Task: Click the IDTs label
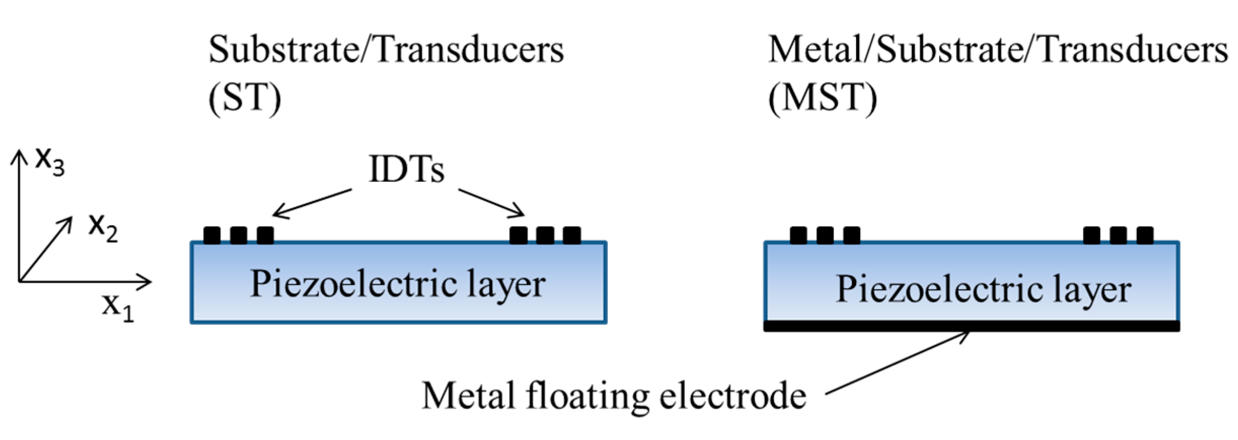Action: (x=407, y=169)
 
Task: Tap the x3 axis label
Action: (x=50, y=162)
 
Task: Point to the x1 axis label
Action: (x=118, y=307)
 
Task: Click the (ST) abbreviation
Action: (x=245, y=97)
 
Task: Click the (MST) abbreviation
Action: (x=822, y=97)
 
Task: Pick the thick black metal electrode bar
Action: (x=972, y=326)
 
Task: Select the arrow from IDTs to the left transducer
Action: (x=312, y=204)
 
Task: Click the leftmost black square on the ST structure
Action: (x=212, y=235)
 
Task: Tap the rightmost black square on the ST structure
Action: (x=572, y=235)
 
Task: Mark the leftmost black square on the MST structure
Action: (x=798, y=235)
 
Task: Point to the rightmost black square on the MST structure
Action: (x=1145, y=235)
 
